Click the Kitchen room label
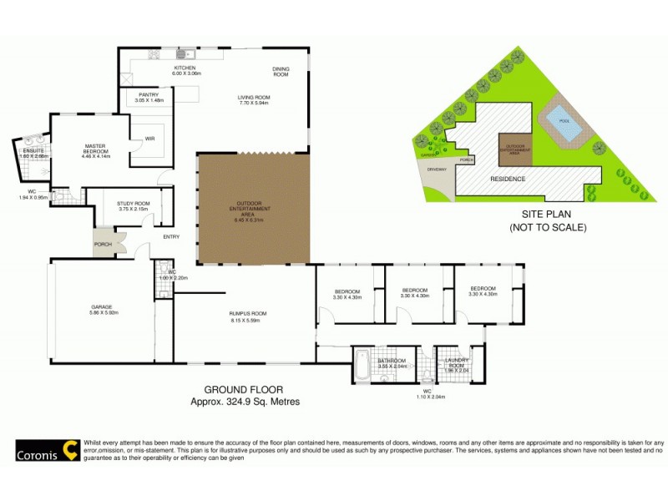click(185, 68)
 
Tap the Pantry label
click(149, 95)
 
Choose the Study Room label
click(133, 203)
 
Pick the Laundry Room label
click(459, 362)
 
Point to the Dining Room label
click(281, 72)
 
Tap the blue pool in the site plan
click(560, 124)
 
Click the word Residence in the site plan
click(507, 180)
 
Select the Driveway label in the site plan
click(439, 170)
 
